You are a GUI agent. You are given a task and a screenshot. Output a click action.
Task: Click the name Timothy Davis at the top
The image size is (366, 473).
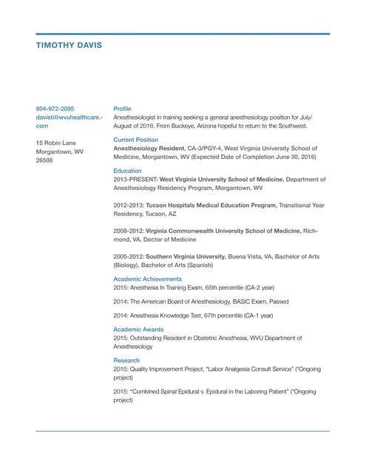[x=70, y=46]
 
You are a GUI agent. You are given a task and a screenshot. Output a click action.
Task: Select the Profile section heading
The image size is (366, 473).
[x=122, y=109]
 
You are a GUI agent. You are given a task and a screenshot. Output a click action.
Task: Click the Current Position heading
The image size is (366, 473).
[x=135, y=139]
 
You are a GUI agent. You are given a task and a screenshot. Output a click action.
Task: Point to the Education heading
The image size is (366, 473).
[x=127, y=170]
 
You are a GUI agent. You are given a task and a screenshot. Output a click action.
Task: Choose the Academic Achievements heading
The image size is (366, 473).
[x=147, y=279]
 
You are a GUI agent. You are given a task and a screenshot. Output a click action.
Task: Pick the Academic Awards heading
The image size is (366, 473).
[x=138, y=329]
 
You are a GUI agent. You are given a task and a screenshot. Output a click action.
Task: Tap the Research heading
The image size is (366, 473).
[x=126, y=360]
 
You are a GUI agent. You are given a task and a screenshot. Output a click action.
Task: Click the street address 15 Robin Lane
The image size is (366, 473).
[x=56, y=142]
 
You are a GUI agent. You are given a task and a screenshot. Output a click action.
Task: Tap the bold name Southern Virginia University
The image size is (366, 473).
[x=185, y=256]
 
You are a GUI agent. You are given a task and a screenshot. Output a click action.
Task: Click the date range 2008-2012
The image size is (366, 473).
[x=129, y=231]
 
